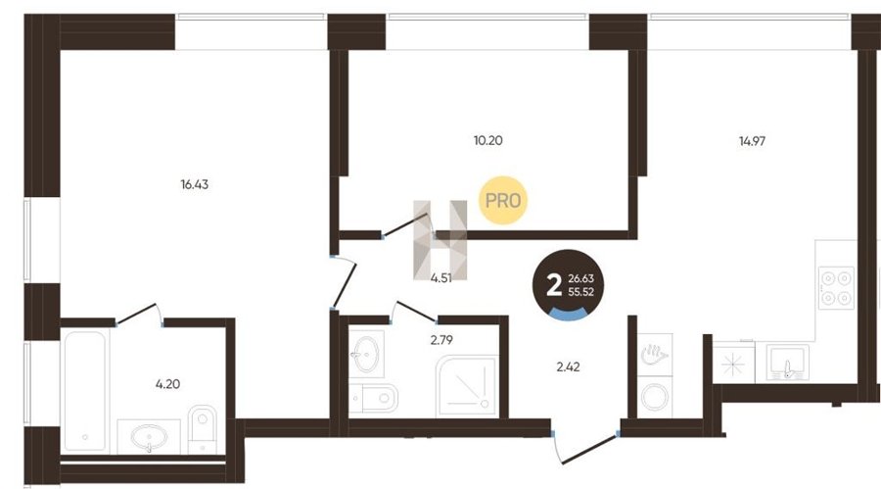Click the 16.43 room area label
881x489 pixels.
(x=195, y=184)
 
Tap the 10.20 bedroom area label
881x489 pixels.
(x=487, y=141)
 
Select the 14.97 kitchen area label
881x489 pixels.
(x=752, y=141)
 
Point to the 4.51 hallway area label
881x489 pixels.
(x=441, y=278)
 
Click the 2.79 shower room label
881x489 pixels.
(x=441, y=340)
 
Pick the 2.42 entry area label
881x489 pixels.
(x=568, y=367)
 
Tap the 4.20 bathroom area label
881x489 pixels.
(x=167, y=384)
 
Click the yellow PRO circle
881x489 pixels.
(x=503, y=200)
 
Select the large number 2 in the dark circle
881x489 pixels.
(x=554, y=286)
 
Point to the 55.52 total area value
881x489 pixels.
(x=580, y=292)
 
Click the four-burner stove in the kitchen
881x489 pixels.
(x=836, y=287)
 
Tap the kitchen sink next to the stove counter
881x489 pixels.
(x=788, y=363)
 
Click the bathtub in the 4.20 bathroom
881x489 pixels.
(x=85, y=391)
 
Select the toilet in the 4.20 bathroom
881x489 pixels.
(x=203, y=429)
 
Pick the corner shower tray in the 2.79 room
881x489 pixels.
(x=466, y=386)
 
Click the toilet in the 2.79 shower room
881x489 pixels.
(x=374, y=399)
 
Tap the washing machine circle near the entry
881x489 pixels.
(x=655, y=397)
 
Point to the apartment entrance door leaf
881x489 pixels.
(x=590, y=449)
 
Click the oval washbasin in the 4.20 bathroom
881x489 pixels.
(x=149, y=436)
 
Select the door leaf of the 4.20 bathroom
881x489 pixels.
(x=136, y=314)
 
